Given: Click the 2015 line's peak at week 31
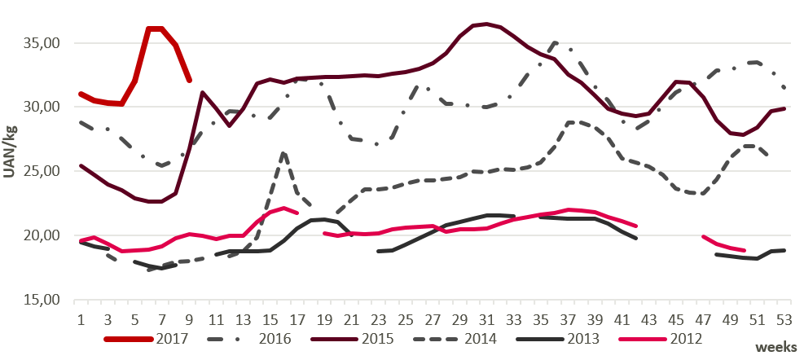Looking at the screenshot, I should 486,24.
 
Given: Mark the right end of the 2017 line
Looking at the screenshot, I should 189,81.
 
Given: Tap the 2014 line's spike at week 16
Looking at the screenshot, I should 283,153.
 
